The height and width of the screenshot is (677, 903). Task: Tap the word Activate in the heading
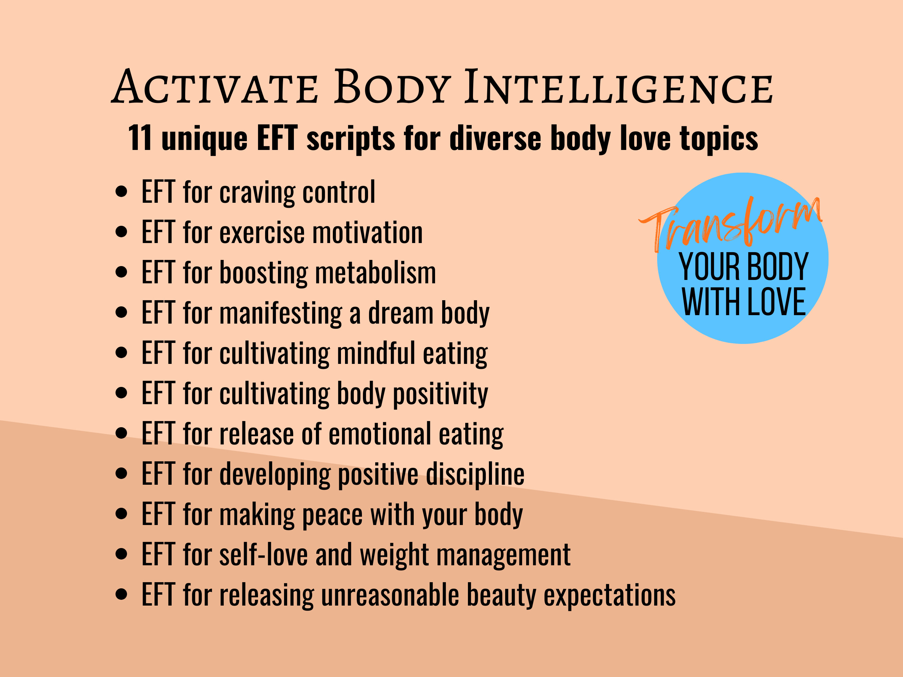[215, 87]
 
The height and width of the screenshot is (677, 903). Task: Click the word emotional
[380, 434]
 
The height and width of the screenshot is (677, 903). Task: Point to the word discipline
[475, 474]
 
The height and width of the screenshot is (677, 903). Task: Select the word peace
[332, 515]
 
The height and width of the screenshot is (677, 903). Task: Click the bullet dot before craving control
[121, 192]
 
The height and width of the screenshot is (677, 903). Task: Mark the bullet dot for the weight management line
[121, 554]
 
